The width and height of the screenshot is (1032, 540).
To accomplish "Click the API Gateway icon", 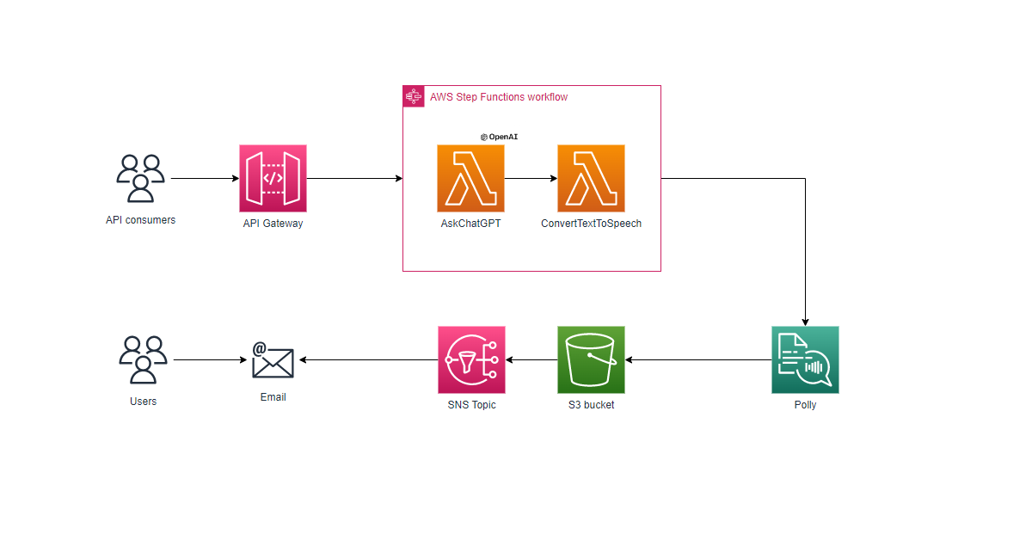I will (x=273, y=178).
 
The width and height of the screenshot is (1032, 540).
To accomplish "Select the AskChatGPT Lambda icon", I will (x=470, y=178).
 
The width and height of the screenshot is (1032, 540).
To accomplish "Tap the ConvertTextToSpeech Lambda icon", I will (x=591, y=178).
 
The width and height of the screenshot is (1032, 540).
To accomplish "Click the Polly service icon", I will (x=805, y=359).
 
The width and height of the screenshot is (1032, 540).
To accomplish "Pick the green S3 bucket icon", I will (x=591, y=359).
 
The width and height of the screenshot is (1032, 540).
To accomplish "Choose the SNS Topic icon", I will (x=471, y=359).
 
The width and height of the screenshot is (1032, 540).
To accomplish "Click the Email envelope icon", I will (x=273, y=360).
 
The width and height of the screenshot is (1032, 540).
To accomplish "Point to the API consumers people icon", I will (x=140, y=179).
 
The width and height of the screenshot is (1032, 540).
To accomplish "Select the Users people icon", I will (x=143, y=359).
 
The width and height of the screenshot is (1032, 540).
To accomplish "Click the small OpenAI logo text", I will (x=499, y=136).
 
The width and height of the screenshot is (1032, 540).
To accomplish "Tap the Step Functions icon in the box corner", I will (x=414, y=96).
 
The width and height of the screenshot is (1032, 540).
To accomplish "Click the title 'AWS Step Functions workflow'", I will (x=499, y=97).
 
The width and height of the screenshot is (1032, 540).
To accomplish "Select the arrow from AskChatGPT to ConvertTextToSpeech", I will (x=531, y=179).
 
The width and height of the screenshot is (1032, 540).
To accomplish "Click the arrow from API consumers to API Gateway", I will (x=205, y=179).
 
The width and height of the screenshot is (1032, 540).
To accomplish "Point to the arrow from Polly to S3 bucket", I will (x=697, y=360).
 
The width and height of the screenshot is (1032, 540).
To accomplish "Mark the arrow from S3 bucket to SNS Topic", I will (x=531, y=360).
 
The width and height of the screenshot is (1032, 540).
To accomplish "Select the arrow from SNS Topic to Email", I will (x=368, y=360).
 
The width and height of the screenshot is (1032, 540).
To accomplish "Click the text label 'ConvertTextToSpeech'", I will (x=591, y=224).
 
